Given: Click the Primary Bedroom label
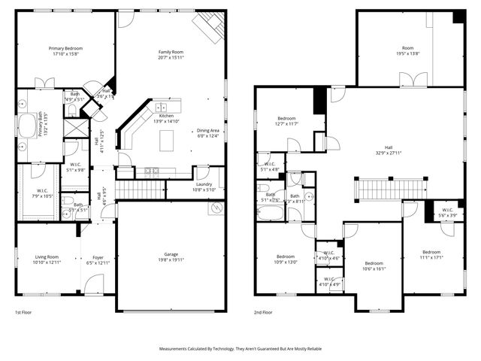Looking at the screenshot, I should click(65, 48).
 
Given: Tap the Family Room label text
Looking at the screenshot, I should click(171, 52).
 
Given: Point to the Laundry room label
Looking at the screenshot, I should click(204, 184).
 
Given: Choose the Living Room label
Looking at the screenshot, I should click(47, 256).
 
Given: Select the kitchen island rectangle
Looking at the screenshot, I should click(167, 139).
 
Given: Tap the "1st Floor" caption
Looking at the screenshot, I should click(23, 312).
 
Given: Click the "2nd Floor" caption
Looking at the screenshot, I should click(263, 312).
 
